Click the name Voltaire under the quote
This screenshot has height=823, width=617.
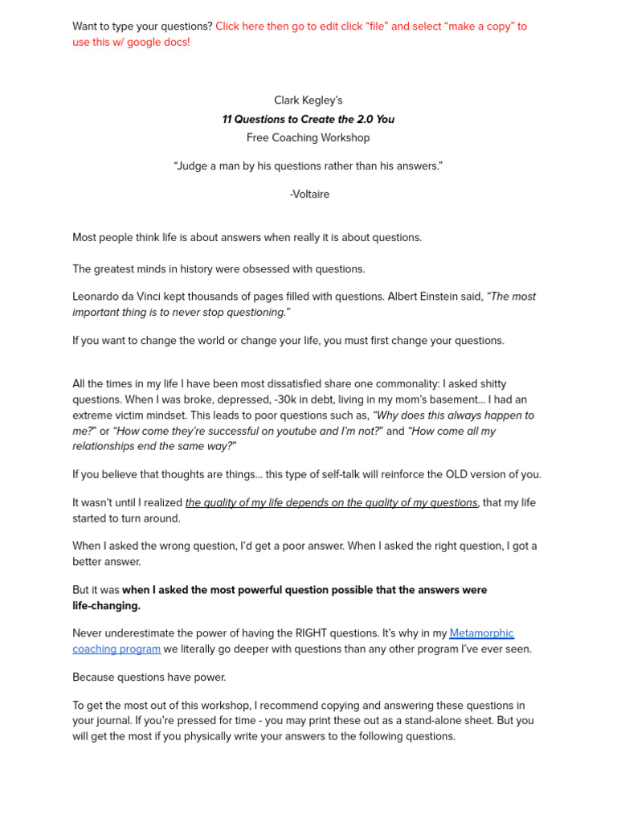pyautogui.click(x=310, y=194)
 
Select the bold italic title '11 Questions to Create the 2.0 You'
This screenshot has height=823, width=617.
pyautogui.click(x=308, y=119)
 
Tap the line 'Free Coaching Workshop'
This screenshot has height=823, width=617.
pyautogui.click(x=308, y=137)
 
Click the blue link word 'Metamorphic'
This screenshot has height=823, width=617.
pyautogui.click(x=481, y=633)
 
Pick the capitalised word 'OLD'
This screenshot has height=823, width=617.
pyautogui.click(x=438, y=474)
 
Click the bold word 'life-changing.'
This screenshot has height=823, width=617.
pyautogui.click(x=106, y=605)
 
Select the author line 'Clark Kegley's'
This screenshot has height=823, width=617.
pyautogui.click(x=308, y=100)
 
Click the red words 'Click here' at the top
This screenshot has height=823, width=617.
pyautogui.click(x=240, y=27)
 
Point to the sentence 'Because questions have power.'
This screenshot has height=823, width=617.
pyautogui.click(x=149, y=677)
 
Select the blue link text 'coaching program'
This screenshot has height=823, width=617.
pyautogui.click(x=116, y=649)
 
